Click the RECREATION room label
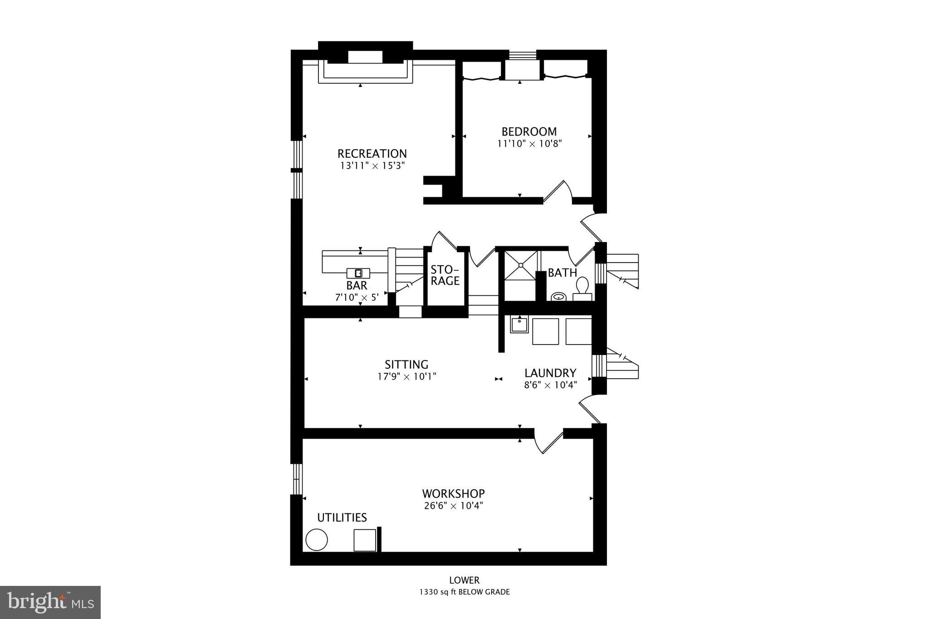pyautogui.click(x=372, y=153)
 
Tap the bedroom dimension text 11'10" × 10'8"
pyautogui.click(x=529, y=144)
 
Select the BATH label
pyautogui.click(x=562, y=273)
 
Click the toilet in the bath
pyautogui.click(x=582, y=287)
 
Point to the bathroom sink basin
pyautogui.click(x=559, y=297)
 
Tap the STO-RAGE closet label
pyautogui.click(x=445, y=275)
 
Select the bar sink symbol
pyautogui.click(x=358, y=273)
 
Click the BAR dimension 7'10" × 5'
pyautogui.click(x=357, y=297)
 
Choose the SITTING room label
pyautogui.click(x=406, y=364)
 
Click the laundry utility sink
pyautogui.click(x=519, y=325)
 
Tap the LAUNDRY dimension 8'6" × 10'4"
pyautogui.click(x=550, y=385)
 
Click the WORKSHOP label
pyautogui.click(x=453, y=493)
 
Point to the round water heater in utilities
pyautogui.click(x=317, y=540)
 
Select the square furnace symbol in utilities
pyautogui.click(x=365, y=540)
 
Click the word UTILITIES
pyautogui.click(x=342, y=517)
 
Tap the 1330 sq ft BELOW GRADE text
pyautogui.click(x=464, y=592)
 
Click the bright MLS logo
pyautogui.click(x=50, y=602)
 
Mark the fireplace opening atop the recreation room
pyautogui.click(x=365, y=57)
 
